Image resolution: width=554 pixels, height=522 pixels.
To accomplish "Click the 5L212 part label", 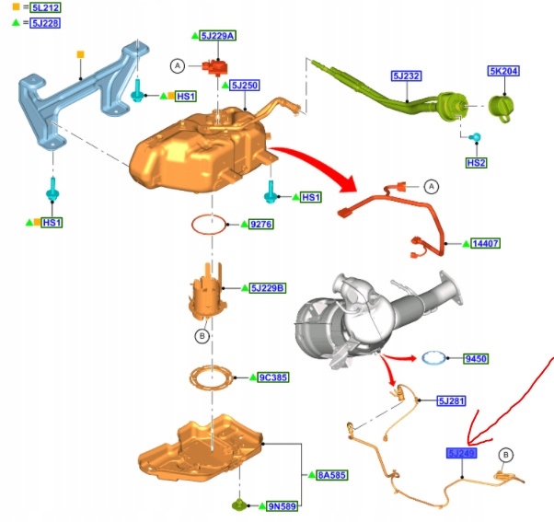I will pos(45,8).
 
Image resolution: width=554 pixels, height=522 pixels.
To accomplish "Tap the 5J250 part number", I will pos(245,86).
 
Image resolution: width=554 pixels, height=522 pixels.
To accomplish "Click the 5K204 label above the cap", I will pos(504,71).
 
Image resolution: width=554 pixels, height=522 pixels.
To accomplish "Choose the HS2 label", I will pos(476,162).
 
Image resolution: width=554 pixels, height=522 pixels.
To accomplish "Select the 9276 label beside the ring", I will pos(262,224).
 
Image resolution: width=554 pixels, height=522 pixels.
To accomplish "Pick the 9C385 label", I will pos(273,377).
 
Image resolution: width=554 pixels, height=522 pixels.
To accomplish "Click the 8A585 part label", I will pos(332,475).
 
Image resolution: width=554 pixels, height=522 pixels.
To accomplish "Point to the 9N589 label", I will pos(283,505).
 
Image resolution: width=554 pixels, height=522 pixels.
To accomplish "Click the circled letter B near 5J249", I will pos(505,455).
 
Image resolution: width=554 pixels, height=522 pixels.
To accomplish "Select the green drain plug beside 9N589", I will pos(237,505).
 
